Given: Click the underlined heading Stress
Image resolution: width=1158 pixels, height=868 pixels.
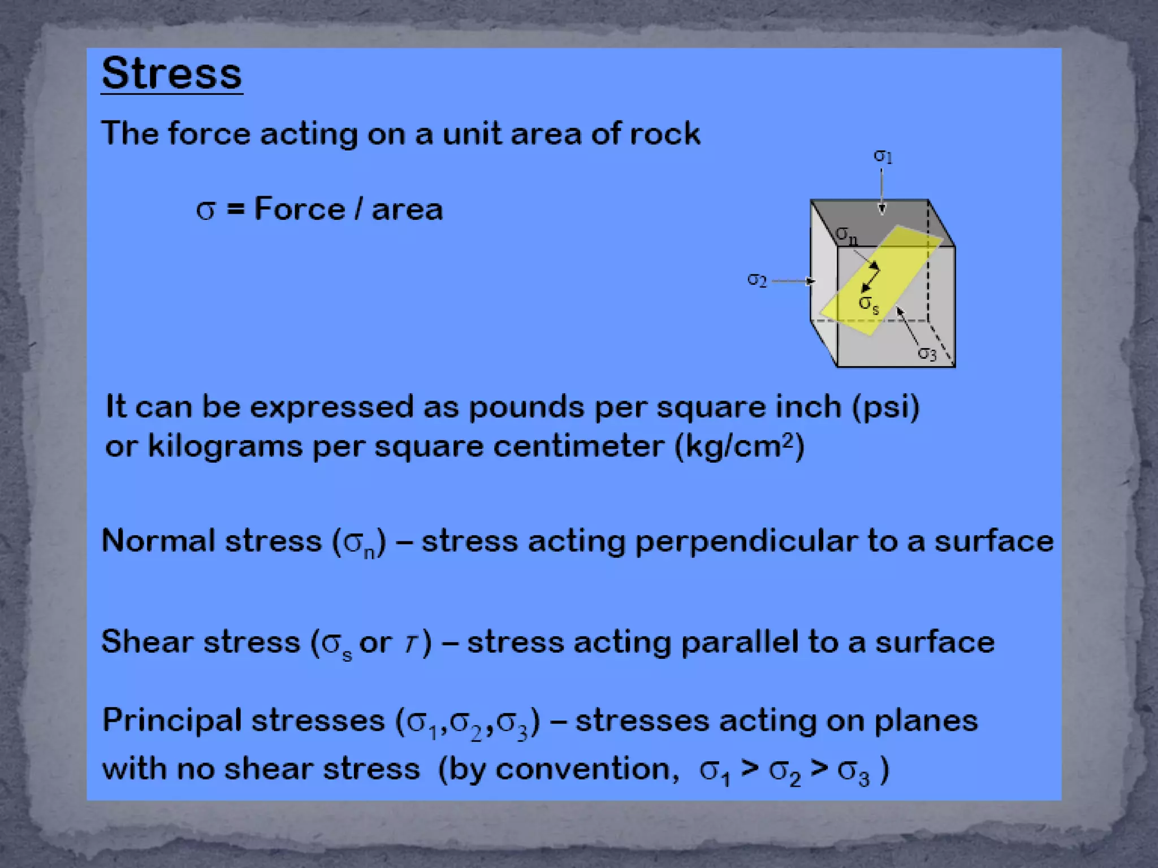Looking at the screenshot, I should (172, 73).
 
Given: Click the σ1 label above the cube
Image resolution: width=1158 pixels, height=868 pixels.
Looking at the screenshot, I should (883, 156).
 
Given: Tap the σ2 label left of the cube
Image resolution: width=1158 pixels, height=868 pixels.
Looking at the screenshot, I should (757, 280).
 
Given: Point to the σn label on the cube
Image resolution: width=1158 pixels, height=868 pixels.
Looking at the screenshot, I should (846, 235).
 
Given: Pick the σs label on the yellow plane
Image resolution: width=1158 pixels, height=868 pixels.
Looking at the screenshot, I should (868, 304).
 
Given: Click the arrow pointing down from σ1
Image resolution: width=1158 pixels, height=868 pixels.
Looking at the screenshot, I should (882, 192).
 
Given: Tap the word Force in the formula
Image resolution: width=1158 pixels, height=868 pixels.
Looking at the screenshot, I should (300, 209).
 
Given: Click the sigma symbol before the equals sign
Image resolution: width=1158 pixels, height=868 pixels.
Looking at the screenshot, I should (205, 210).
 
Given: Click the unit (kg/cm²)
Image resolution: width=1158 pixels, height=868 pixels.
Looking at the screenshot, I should (740, 446).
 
